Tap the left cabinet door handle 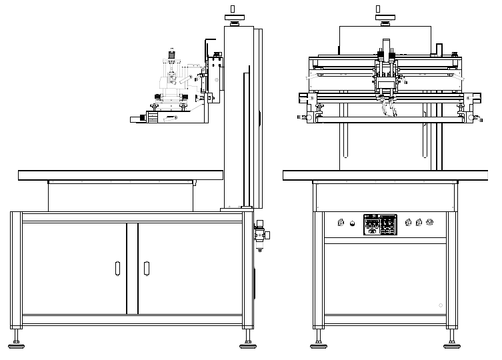(118, 269)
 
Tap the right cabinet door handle (147, 269)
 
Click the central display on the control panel (380, 224)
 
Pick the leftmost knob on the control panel (342, 223)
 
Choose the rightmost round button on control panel (430, 223)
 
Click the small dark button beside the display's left (354, 223)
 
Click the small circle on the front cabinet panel (440, 305)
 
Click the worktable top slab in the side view (120, 175)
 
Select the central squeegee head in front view (385, 83)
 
